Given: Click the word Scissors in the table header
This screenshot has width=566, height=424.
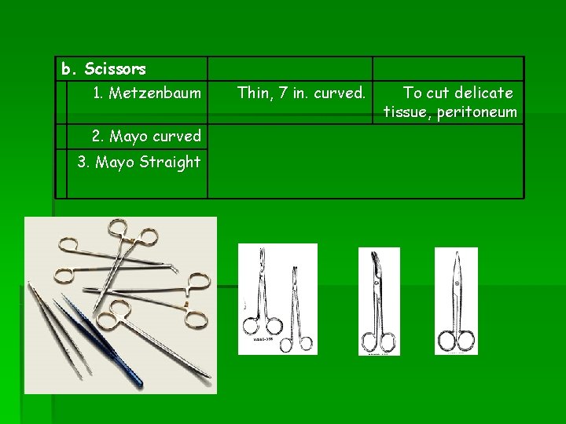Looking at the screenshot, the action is (115, 69).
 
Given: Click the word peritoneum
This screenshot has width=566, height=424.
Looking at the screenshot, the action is (477, 112).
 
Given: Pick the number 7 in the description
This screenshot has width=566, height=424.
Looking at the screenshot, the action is (283, 93).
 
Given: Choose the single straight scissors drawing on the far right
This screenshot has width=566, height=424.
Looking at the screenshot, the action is (456, 302).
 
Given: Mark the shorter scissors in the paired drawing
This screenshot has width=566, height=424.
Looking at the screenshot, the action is (296, 309).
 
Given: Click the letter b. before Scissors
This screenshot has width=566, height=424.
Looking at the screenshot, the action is (68, 69).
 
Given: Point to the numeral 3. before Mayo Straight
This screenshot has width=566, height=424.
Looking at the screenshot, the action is (83, 162).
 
